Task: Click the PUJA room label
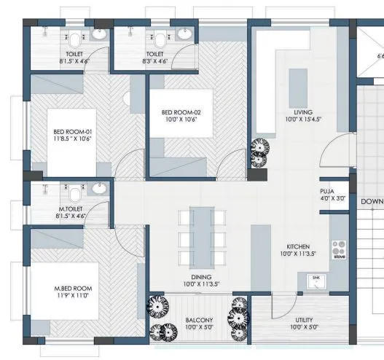(x=326, y=190)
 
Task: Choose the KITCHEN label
(x=298, y=247)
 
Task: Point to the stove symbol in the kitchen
(x=339, y=251)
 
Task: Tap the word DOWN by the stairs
(x=372, y=201)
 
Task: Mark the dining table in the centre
(x=199, y=237)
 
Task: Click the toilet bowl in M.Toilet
(x=74, y=195)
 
